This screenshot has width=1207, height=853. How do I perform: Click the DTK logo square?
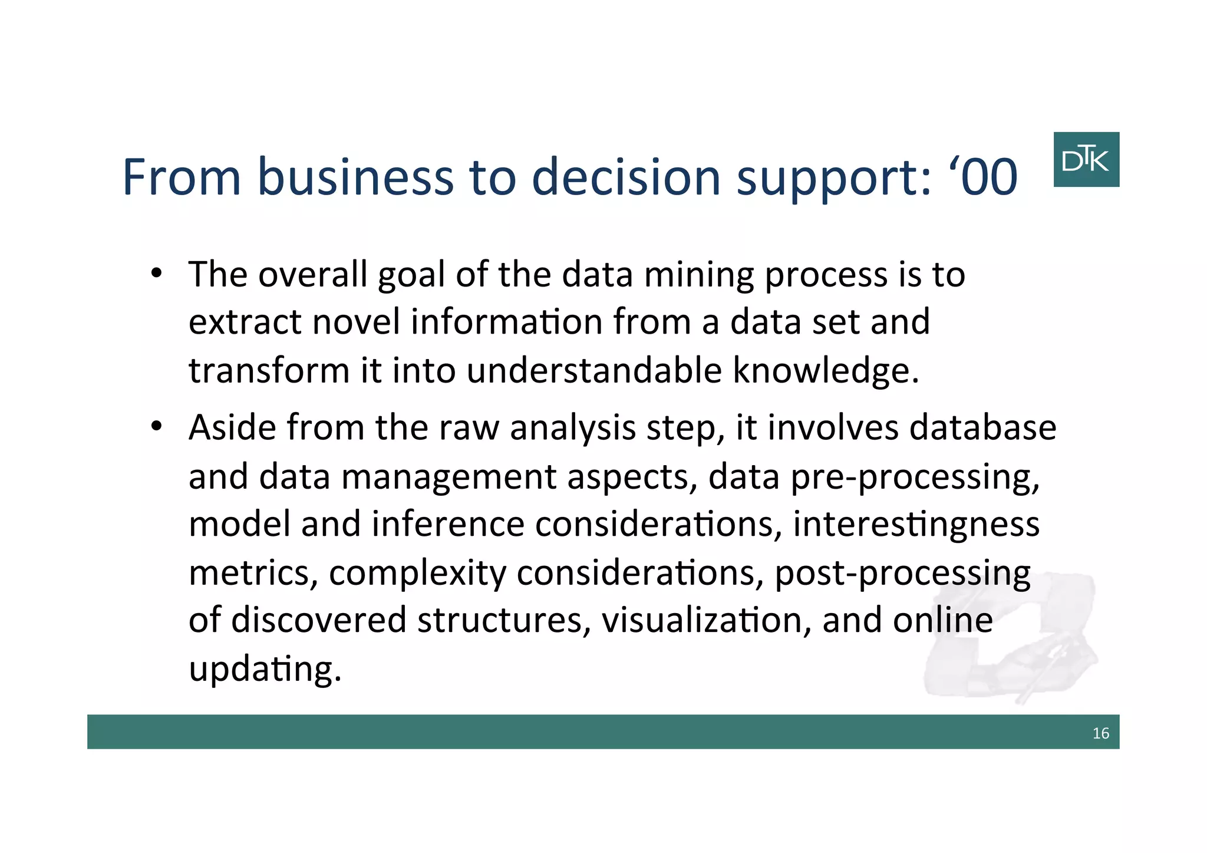[x=1086, y=160]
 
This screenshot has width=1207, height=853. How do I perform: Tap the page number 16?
[x=1100, y=733]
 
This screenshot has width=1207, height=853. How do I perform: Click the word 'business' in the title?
[x=355, y=177]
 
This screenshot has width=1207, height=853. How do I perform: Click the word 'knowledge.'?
[x=825, y=371]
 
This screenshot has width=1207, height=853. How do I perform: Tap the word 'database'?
[x=982, y=427]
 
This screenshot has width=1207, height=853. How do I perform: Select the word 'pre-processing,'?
[x=915, y=477]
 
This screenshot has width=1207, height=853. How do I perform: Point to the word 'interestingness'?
[x=916, y=525]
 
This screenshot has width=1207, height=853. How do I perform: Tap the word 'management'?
[x=448, y=477]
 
